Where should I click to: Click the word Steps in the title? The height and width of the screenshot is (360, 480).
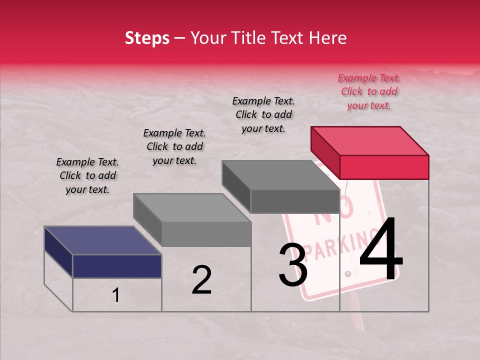pos(147,38)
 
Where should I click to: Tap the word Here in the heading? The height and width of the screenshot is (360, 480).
pos(327,38)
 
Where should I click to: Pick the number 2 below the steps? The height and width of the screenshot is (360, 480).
pos(201,280)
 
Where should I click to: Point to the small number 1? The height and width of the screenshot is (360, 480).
pos(116,295)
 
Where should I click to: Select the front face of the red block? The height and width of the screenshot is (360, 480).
pos(384,167)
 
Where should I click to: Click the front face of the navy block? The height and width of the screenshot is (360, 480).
pos(117,266)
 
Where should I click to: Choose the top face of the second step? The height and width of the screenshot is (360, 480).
pos(192,207)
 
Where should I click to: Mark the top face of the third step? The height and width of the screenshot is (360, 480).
pos(281,175)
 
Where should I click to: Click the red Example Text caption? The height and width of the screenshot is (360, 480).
pos(369,91)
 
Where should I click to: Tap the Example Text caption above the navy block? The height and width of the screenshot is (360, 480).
pos(87,175)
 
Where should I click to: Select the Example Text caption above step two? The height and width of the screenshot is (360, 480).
pos(174,146)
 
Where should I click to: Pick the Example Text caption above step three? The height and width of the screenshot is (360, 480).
pos(263,114)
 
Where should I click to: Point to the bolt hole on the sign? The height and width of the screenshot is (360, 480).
pos(347,274)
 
